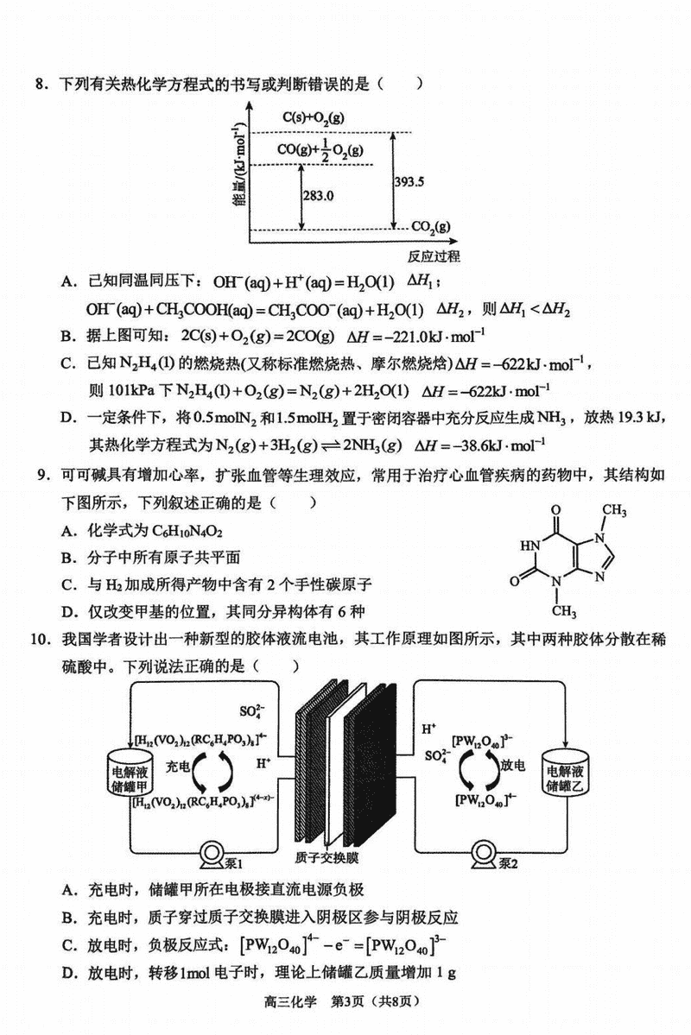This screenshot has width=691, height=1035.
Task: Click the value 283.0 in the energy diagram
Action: click(x=319, y=196)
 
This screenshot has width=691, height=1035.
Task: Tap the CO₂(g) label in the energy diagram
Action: click(x=430, y=227)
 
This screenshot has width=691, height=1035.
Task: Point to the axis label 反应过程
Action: click(x=434, y=256)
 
